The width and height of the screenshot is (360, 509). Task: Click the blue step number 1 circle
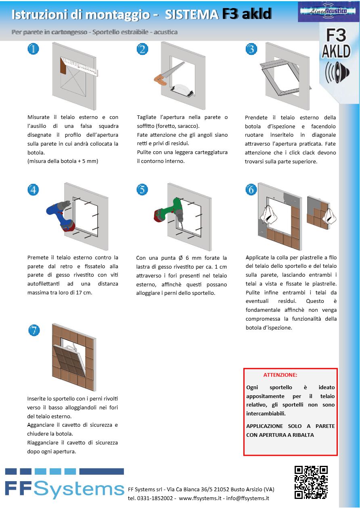click(x=33, y=49)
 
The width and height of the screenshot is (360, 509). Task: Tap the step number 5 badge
click(x=142, y=189)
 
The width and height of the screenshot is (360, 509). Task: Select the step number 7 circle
click(x=34, y=330)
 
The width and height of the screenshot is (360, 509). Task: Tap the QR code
click(x=311, y=482)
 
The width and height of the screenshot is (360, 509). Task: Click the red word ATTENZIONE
click(x=280, y=375)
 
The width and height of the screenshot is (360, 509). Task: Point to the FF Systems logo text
click(x=65, y=489)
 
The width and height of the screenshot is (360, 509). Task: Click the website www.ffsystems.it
click(x=200, y=498)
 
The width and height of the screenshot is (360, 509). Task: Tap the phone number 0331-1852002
click(x=155, y=498)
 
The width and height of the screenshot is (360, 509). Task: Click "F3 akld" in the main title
click(x=246, y=15)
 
